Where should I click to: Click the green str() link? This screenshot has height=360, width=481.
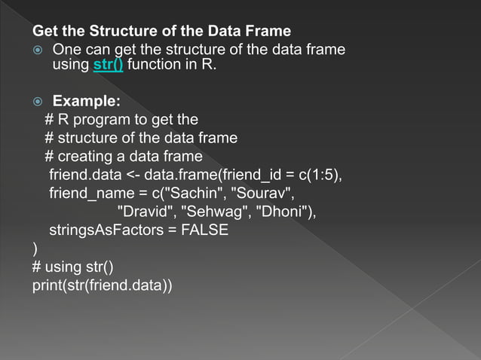[x=109, y=65]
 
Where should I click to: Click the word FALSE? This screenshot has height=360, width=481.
[x=203, y=230]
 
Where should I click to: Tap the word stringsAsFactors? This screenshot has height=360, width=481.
[x=105, y=230]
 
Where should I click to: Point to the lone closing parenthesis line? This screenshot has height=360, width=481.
[x=35, y=249]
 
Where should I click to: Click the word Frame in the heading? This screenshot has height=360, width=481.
[x=268, y=32]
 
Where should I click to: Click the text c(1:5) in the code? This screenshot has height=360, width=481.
[x=320, y=175]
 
